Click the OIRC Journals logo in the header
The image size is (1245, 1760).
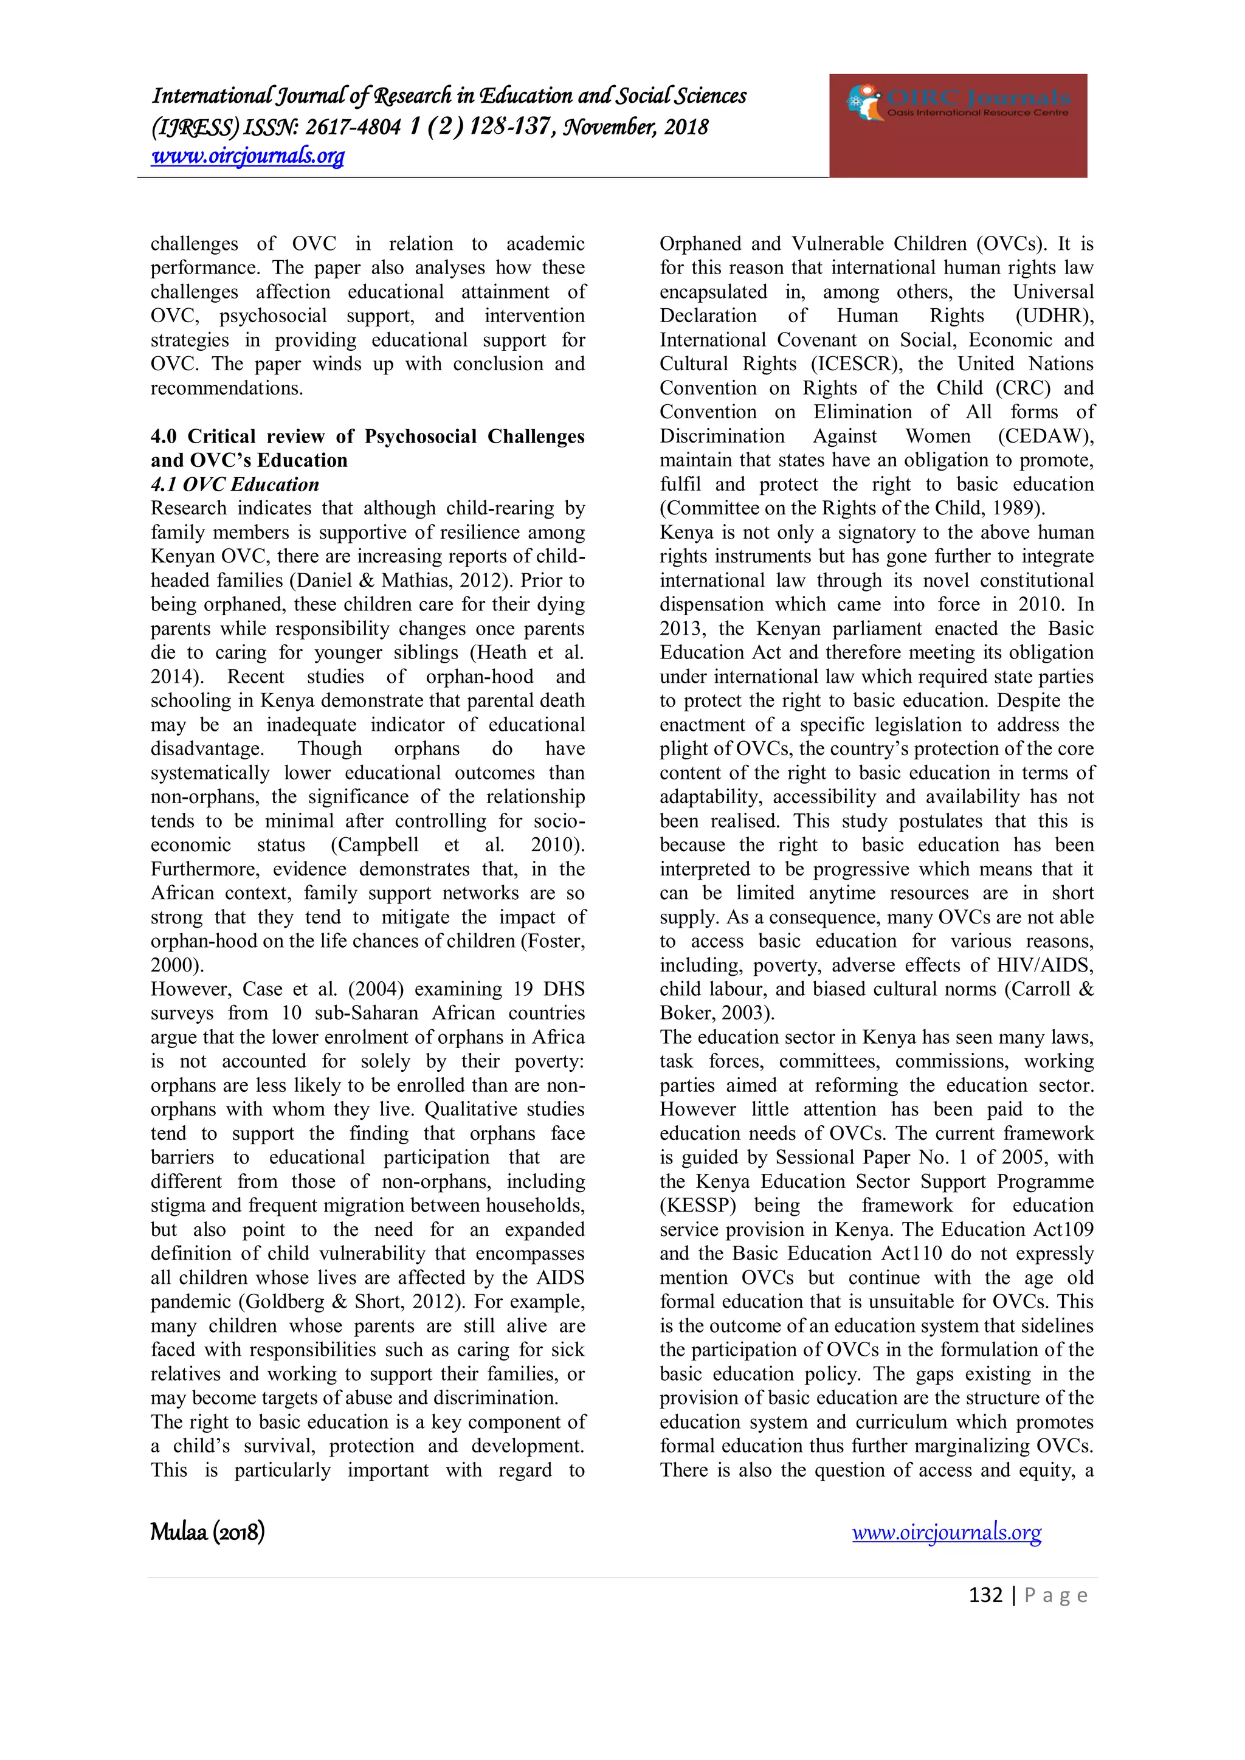point(957,104)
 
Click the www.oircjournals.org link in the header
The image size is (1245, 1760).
point(247,156)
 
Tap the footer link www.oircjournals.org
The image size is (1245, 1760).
point(946,1533)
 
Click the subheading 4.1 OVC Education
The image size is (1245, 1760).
point(235,485)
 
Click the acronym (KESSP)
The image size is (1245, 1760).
point(698,1206)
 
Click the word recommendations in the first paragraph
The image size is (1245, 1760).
point(226,388)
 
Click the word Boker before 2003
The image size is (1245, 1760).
point(687,1013)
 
